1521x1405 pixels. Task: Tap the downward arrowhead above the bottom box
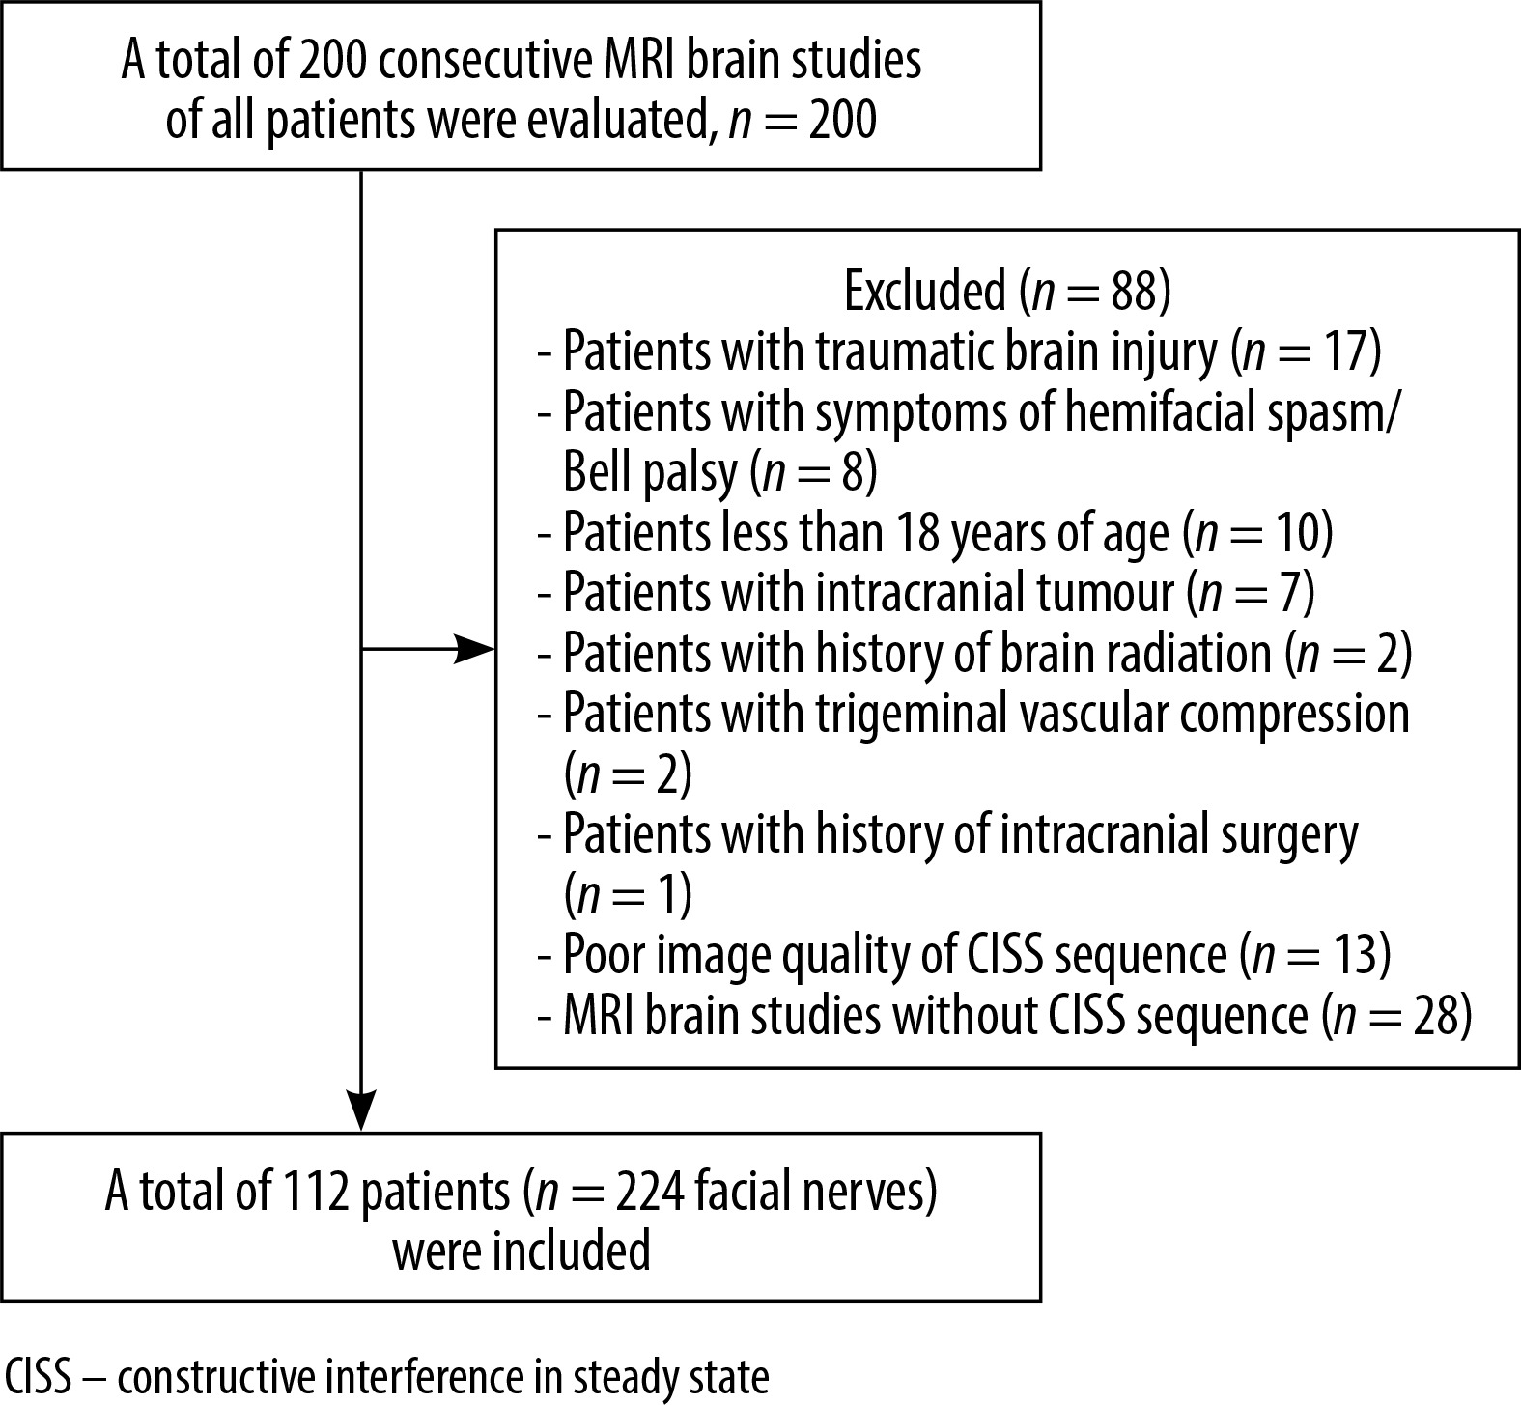tap(361, 1110)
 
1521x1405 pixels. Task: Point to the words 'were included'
tap(521, 1252)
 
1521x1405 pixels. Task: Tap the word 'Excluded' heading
tap(926, 293)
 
